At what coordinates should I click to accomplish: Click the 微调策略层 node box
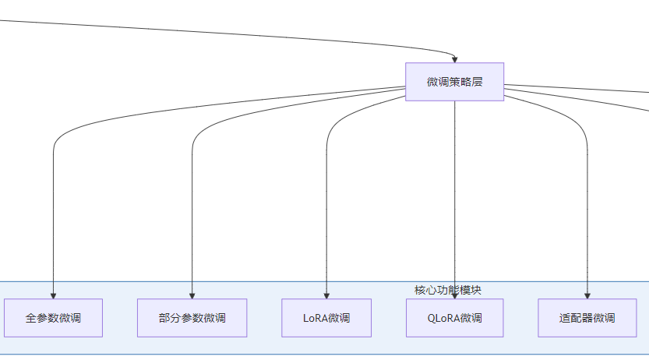click(454, 82)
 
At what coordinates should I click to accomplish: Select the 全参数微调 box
click(53, 318)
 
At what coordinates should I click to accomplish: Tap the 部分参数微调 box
click(192, 318)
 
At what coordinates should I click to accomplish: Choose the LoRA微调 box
click(326, 318)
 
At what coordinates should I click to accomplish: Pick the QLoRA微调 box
click(454, 318)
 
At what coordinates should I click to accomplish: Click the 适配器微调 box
click(587, 318)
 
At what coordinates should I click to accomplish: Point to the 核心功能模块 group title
click(447, 290)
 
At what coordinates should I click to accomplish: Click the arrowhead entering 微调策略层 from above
click(454, 59)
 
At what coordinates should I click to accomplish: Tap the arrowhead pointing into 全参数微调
click(53, 295)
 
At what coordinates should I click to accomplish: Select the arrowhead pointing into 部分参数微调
click(192, 295)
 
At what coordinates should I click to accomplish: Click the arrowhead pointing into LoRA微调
click(326, 295)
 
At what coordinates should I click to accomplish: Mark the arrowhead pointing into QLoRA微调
click(454, 295)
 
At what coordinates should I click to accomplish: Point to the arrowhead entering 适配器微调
click(587, 295)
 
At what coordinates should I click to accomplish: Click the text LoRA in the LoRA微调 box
click(315, 318)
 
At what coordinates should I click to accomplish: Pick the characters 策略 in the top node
click(454, 82)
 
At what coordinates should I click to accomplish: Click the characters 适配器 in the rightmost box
click(573, 318)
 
